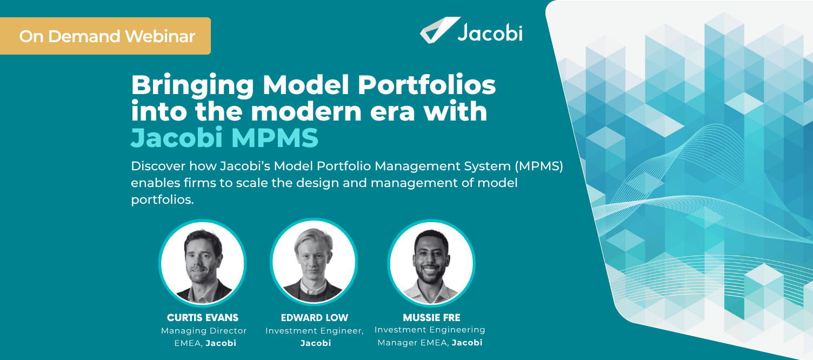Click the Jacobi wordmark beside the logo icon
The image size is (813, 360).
489,33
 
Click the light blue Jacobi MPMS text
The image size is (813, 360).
224,138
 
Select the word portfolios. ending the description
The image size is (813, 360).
162,199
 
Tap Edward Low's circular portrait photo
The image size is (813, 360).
314,263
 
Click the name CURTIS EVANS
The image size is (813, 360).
203,317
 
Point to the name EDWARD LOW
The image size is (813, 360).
315,317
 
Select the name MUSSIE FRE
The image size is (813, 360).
431,317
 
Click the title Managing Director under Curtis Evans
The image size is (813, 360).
204,330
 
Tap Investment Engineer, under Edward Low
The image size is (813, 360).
315,330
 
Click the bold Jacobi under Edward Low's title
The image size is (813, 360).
315,343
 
